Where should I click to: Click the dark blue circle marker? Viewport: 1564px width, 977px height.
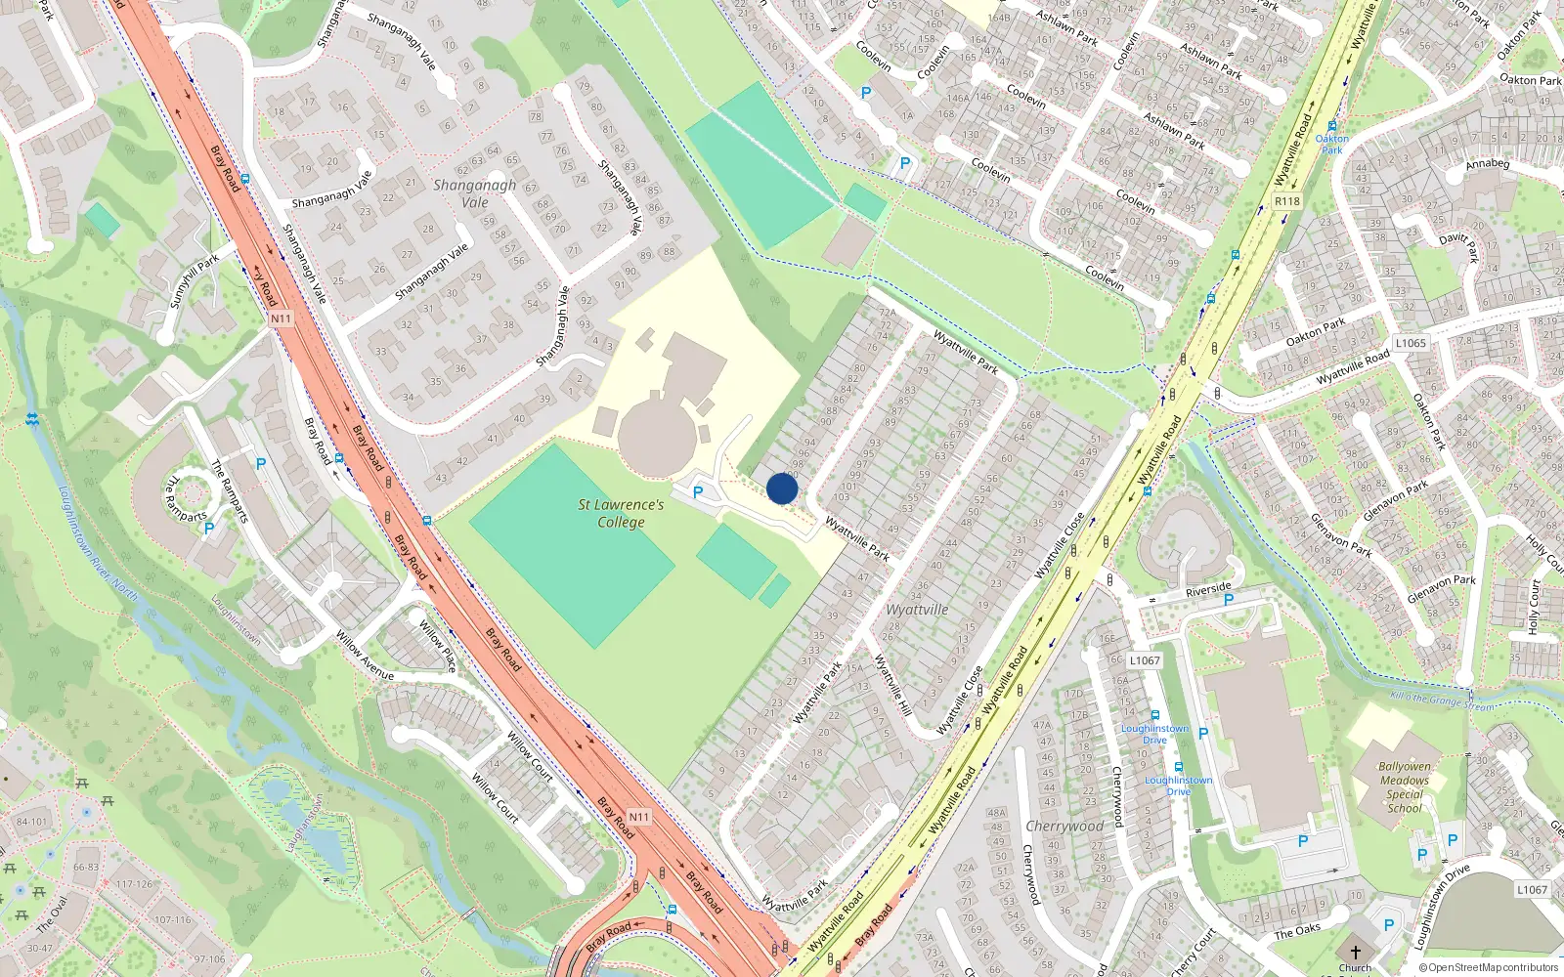pos(782,488)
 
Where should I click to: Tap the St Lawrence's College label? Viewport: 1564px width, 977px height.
pos(621,513)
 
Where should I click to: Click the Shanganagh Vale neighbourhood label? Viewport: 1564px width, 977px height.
pos(474,192)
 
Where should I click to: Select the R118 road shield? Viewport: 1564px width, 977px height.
pos(1287,201)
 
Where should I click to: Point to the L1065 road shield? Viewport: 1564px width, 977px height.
pos(1411,343)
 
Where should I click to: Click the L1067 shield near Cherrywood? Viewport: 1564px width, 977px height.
pos(1145,660)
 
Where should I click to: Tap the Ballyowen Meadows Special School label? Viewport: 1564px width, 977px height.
pos(1405,787)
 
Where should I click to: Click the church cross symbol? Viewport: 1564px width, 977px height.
pos(1355,952)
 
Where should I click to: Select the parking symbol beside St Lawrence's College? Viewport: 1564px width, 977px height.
pos(698,492)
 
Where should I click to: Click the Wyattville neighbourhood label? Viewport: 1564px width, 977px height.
pos(917,610)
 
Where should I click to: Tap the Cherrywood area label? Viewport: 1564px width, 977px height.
pos(1064,827)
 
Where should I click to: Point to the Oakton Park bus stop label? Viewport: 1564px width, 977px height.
pos(1331,144)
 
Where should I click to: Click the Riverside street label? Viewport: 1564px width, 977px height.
pos(1208,589)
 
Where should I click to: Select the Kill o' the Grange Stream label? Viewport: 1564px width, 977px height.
pos(1441,701)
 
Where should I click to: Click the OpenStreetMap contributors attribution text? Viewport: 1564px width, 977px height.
pos(1488,967)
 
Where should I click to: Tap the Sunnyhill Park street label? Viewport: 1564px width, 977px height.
pos(195,281)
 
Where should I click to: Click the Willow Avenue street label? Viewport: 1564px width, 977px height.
pos(365,656)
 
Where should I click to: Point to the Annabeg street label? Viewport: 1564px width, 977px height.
pos(1487,164)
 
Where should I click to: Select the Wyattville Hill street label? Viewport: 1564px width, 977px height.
pos(892,685)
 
